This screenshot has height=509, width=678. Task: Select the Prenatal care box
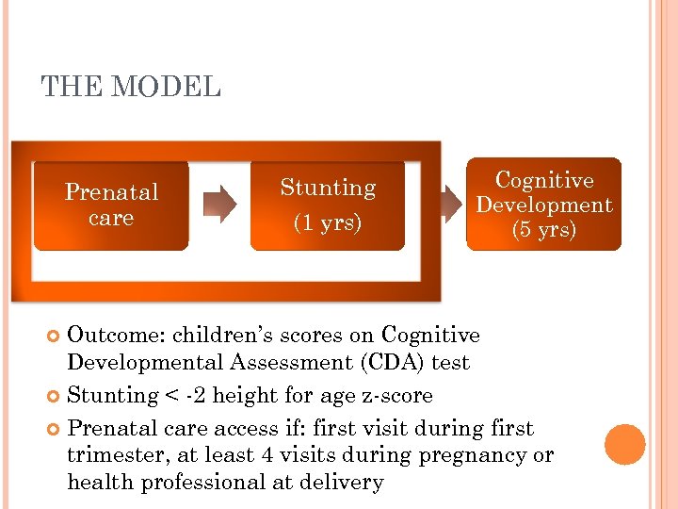[x=111, y=205]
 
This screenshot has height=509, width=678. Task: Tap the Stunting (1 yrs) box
[x=327, y=205]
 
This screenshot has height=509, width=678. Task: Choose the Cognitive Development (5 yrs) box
[x=543, y=205]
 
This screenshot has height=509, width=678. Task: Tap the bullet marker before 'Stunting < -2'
[x=55, y=397]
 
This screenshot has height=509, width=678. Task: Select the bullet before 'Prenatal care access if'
[x=55, y=429]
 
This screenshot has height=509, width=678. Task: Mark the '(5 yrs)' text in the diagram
[x=543, y=230]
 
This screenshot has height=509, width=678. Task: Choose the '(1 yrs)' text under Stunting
[x=327, y=223]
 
